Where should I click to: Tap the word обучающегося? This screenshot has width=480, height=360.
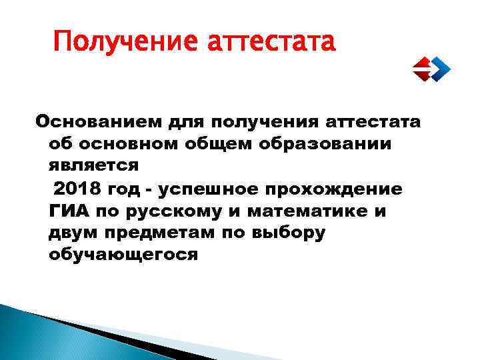point(123,255)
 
